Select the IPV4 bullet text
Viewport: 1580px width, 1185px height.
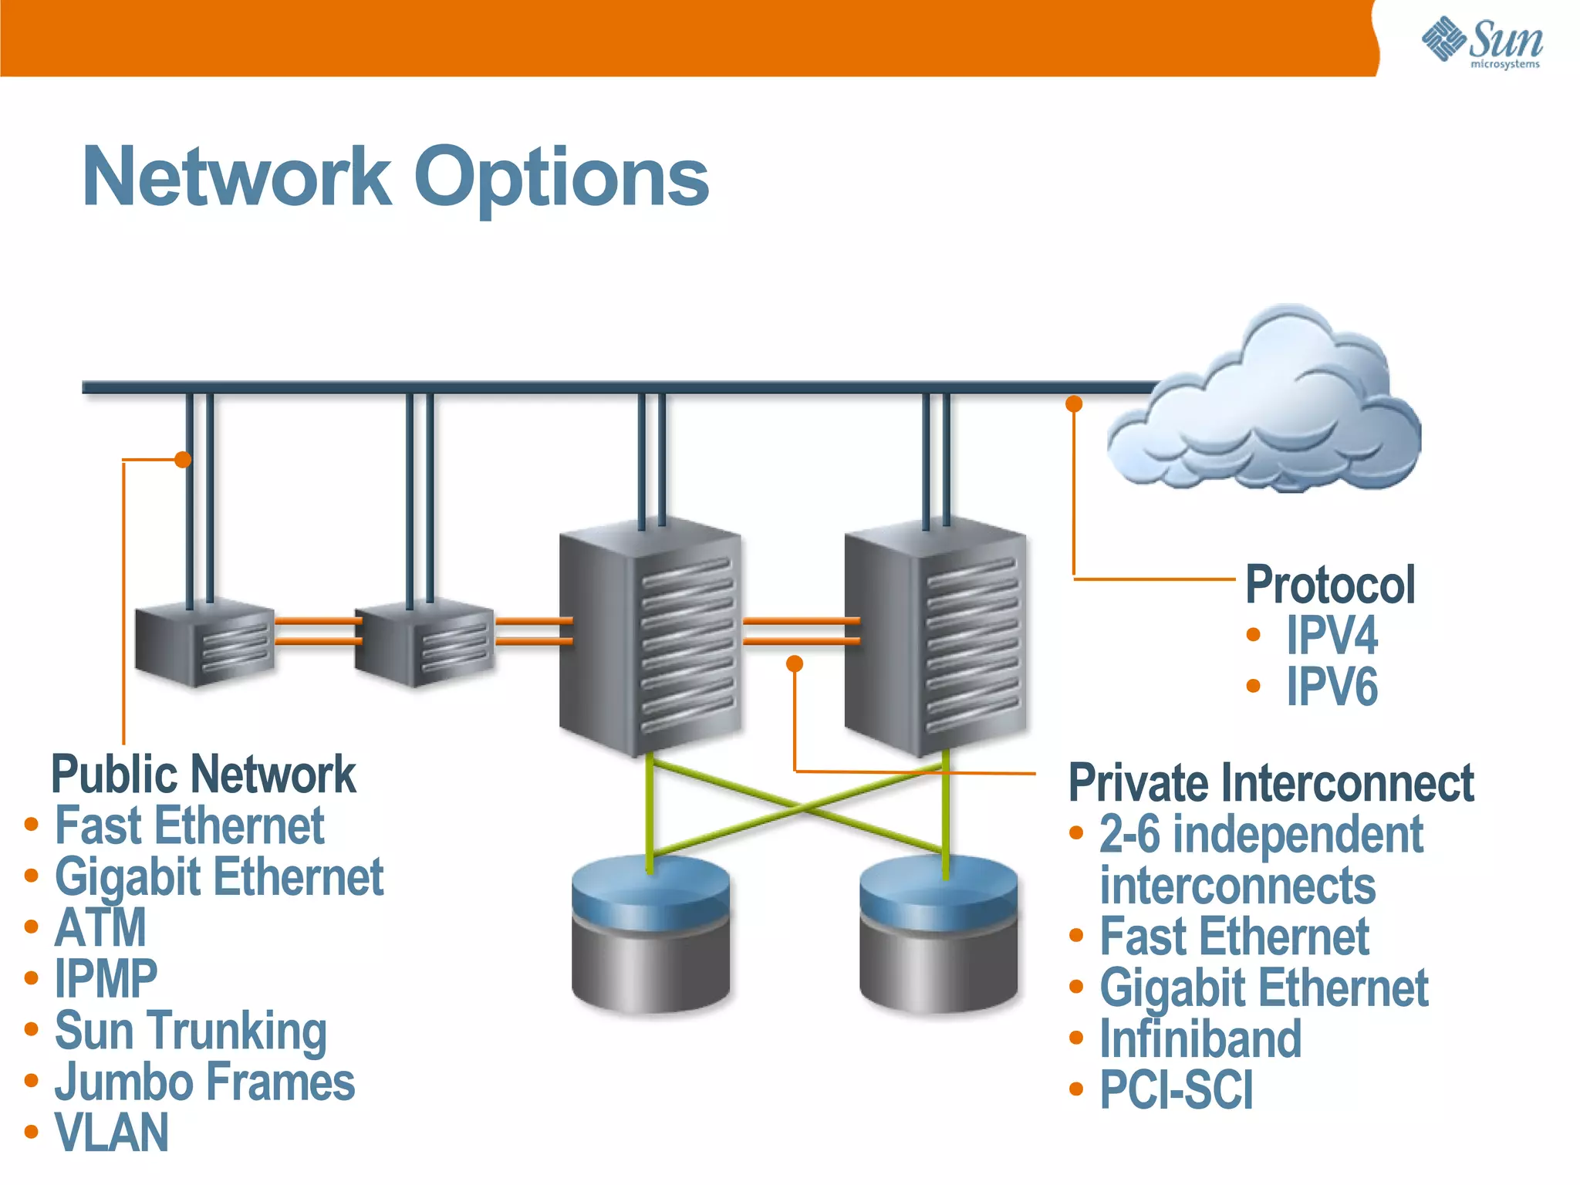pos(1331,635)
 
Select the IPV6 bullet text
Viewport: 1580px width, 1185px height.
pos(1331,686)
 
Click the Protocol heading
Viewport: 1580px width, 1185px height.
pos(1330,584)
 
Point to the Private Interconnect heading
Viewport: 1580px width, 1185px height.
pos(1271,782)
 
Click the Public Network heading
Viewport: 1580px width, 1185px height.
pos(203,774)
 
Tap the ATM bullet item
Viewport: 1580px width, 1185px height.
pos(100,927)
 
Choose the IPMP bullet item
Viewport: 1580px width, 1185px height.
pos(106,978)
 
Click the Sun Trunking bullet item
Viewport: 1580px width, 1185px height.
pos(191,1030)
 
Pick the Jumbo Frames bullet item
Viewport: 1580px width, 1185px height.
pos(204,1082)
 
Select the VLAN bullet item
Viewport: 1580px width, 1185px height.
pos(111,1133)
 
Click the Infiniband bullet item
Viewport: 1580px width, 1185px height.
pos(1200,1038)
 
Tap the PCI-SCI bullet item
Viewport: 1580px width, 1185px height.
pos(1177,1089)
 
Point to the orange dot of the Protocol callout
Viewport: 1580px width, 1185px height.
pos(1074,403)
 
